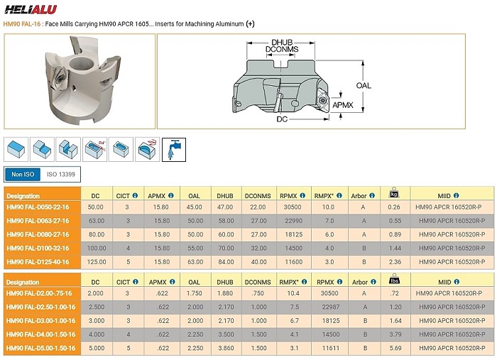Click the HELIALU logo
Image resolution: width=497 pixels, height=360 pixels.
[31, 9]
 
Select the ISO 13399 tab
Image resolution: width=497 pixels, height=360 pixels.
[61, 174]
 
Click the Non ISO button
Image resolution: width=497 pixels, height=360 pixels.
[23, 174]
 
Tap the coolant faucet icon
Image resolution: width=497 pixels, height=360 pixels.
[174, 150]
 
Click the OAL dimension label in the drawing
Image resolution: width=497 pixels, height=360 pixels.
[364, 86]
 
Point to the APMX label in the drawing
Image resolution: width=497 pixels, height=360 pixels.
[343, 105]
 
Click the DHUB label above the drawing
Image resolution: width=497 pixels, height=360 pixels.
[282, 43]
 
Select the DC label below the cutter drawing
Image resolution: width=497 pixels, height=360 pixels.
[282, 119]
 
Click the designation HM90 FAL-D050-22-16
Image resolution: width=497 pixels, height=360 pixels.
[38, 207]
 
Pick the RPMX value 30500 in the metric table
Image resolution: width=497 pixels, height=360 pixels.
[293, 207]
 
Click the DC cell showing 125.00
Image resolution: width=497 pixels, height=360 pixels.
[97, 262]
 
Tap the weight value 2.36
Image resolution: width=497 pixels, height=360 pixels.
[395, 262]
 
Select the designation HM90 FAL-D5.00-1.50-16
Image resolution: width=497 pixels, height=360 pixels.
[41, 348]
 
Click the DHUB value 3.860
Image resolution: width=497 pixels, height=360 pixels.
[226, 348]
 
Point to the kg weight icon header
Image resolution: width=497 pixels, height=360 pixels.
[394, 192]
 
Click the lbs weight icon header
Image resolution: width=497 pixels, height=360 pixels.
[394, 279]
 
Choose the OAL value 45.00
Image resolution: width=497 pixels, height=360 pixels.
[194, 207]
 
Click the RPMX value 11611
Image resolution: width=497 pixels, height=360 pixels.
[331, 348]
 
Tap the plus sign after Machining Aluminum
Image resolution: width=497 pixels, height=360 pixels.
[251, 23]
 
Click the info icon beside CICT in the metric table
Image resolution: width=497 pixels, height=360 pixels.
[136, 196]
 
